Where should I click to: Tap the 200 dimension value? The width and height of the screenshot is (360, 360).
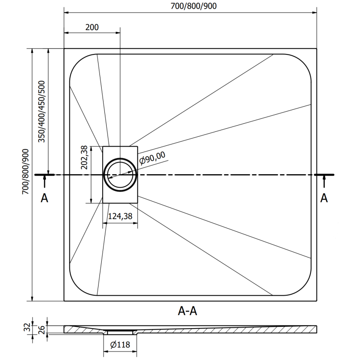click(92, 27)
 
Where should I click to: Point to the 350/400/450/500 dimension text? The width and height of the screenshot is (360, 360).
click(42, 112)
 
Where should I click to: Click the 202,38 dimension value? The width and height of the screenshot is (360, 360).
click(84, 157)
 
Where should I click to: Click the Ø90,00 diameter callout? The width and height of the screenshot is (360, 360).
click(152, 158)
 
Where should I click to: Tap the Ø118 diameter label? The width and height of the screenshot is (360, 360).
click(121, 345)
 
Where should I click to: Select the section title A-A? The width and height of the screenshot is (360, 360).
click(188, 310)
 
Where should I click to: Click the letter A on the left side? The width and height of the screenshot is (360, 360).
click(44, 198)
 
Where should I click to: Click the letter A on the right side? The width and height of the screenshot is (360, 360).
click(324, 198)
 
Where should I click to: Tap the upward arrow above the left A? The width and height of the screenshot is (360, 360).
click(44, 181)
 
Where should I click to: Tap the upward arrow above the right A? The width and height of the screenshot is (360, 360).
click(324, 181)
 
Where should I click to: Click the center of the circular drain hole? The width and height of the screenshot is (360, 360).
click(120, 174)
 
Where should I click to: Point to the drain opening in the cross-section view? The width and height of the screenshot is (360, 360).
click(121, 332)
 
